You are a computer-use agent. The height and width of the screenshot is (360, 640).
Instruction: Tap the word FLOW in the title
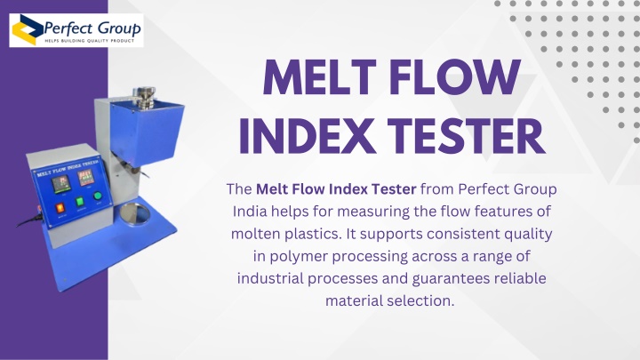point(455,77)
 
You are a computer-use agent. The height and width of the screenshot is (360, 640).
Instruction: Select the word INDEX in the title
point(307,136)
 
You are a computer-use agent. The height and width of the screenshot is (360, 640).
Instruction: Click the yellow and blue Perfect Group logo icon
point(27,30)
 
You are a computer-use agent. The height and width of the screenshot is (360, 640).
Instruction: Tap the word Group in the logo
point(118,28)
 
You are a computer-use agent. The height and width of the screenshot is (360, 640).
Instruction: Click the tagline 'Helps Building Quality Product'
point(90,41)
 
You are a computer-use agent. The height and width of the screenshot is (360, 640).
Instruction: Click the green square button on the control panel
point(80,201)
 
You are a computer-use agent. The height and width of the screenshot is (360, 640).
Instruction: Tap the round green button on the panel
point(98,196)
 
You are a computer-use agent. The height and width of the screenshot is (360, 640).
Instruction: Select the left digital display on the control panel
point(61,184)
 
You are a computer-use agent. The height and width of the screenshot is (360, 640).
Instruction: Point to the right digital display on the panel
point(86,178)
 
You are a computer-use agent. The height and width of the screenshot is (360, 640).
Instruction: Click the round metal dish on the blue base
point(135,214)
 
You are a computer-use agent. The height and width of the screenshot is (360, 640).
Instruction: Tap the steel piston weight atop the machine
point(146,97)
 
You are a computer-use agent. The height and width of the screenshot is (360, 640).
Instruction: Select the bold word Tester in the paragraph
point(393,189)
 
